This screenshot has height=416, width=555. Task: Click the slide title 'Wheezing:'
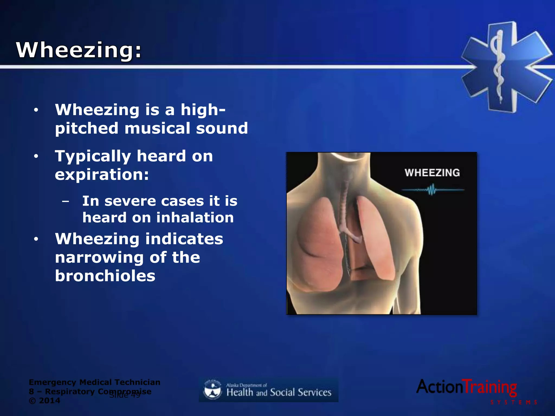point(79,50)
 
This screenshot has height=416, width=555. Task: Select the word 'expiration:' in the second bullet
point(102,174)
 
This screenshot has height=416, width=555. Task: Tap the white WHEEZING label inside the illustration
point(432,173)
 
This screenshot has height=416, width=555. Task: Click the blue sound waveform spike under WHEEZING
point(432,190)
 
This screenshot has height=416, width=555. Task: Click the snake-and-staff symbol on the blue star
point(498,66)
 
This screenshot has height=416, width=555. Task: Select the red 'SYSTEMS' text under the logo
point(514,402)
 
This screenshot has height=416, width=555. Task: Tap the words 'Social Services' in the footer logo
point(301,392)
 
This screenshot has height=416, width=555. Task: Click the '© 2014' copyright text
point(44,401)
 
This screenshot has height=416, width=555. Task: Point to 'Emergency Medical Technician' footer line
point(94,382)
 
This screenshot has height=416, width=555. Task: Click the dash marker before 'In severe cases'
point(65,201)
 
